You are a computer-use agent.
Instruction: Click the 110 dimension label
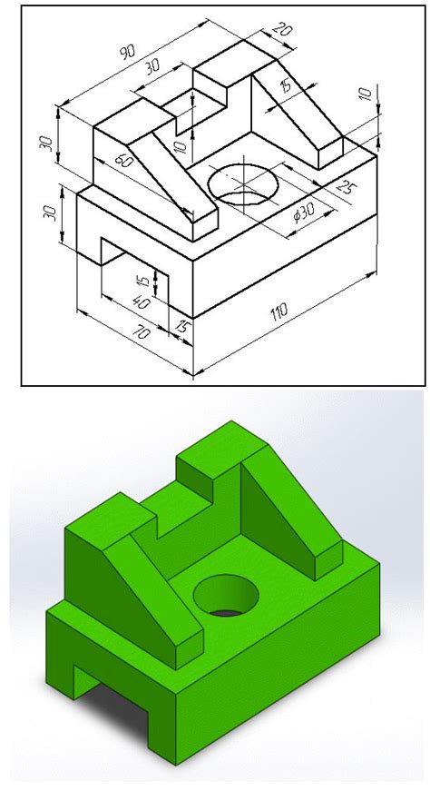[279, 312]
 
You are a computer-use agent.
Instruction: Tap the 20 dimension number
[283, 31]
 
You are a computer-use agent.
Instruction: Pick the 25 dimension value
[345, 188]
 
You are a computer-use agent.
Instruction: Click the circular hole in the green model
[226, 596]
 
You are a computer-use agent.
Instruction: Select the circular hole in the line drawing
[243, 182]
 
